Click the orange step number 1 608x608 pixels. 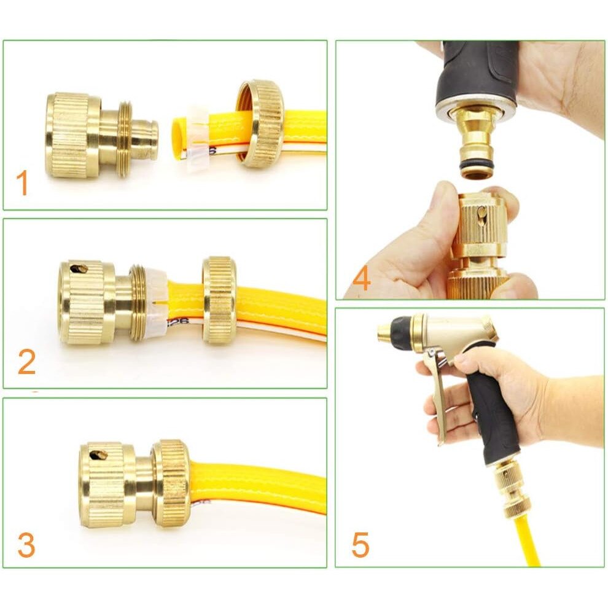(22, 184)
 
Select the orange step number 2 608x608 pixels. (26, 362)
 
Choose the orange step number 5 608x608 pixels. (361, 545)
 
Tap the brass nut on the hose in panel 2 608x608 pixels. (219, 300)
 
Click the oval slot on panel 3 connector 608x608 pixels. (98, 454)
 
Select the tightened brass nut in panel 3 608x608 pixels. (171, 483)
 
